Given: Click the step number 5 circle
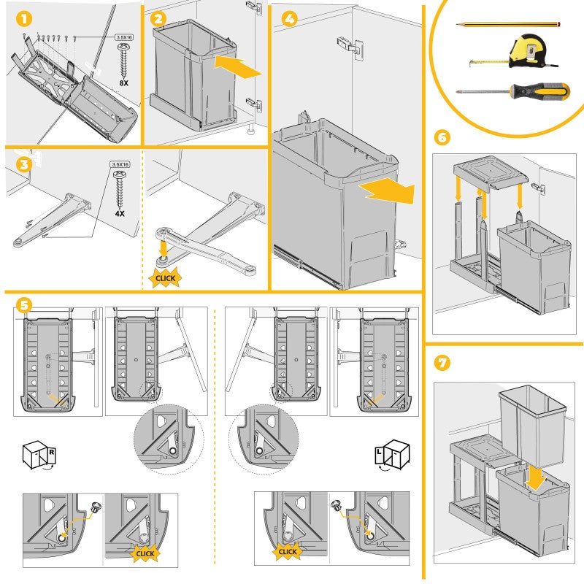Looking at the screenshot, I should coord(24,305).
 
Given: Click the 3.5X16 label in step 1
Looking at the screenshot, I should coord(125,36).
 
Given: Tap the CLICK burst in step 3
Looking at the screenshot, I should coord(164,277).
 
